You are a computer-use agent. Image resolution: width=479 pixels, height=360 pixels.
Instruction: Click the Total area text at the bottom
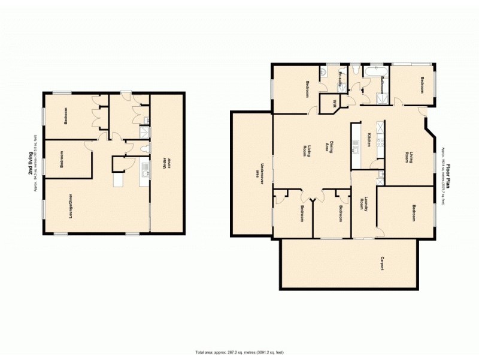click(239, 352)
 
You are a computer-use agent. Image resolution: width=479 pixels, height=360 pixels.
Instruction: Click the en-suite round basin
click(323, 72)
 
